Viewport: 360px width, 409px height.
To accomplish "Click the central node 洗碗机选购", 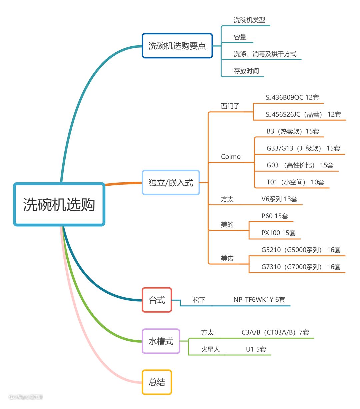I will click(x=59, y=204).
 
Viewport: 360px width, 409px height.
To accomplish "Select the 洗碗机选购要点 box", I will click(x=177, y=46).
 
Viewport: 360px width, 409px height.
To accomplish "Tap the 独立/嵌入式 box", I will click(x=171, y=183).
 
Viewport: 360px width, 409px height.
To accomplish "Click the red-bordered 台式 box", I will click(x=157, y=300).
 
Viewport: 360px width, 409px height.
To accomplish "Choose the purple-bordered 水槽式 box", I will click(x=161, y=341).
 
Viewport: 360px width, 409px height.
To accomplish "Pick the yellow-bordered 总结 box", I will click(x=157, y=382).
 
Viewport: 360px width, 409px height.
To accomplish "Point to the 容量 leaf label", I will click(x=240, y=37).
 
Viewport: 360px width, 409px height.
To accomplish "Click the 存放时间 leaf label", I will click(x=246, y=71).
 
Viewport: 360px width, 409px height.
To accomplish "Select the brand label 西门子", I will click(x=230, y=106).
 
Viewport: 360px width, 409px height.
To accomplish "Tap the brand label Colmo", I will click(x=231, y=157).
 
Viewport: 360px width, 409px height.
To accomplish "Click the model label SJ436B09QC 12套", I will click(x=292, y=97).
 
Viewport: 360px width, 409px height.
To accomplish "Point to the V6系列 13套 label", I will click(x=279, y=199).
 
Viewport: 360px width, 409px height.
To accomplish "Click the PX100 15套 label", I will click(x=278, y=233).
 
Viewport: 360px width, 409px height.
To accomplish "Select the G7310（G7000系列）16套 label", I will click(x=301, y=267).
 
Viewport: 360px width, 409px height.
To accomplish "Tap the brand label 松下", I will click(x=199, y=300).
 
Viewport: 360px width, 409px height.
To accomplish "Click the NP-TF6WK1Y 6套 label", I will click(x=259, y=300).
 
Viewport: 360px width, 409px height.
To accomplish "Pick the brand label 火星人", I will click(x=210, y=349).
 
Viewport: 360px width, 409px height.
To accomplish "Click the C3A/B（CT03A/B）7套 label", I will click(x=275, y=332).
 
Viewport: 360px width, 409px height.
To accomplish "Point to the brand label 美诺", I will click(x=227, y=258).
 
